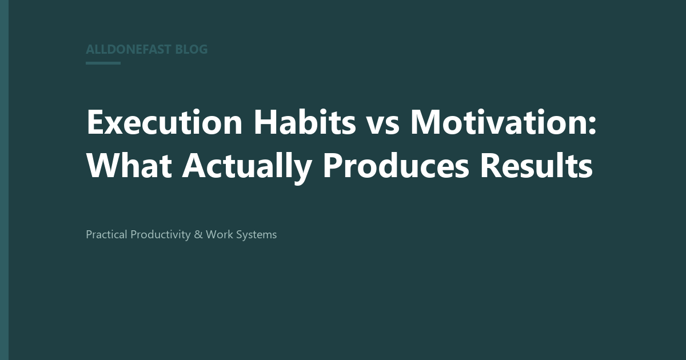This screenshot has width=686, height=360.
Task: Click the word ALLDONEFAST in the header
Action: (x=128, y=49)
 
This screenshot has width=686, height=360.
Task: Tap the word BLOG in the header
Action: (x=192, y=49)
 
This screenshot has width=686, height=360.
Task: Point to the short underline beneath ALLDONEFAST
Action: (x=103, y=63)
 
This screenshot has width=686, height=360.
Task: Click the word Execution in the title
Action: (x=165, y=122)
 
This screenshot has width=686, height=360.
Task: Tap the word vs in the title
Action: (x=383, y=125)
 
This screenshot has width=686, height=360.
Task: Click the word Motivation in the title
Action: (x=498, y=122)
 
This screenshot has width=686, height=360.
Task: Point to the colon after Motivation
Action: (x=592, y=125)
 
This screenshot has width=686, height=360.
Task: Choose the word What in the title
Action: (x=129, y=165)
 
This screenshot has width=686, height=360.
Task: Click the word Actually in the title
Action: (x=247, y=168)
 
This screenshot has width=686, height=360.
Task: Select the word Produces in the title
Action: (x=396, y=165)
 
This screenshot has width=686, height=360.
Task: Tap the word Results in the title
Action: (x=536, y=165)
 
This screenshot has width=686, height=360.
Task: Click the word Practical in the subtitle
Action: (x=106, y=234)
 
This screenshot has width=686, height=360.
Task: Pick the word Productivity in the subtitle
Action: (x=161, y=235)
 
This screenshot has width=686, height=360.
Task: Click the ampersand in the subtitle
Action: (x=198, y=234)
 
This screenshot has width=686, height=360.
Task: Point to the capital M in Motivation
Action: (x=426, y=122)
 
